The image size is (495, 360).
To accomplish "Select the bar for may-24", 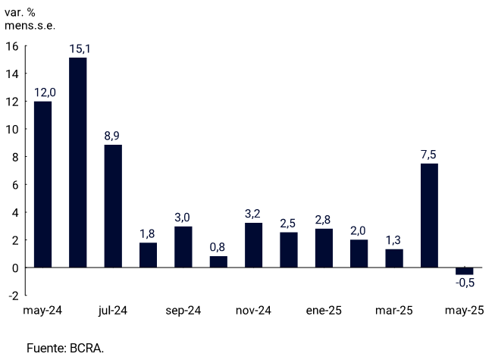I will click(42, 184).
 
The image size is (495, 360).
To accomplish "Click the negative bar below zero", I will click(464, 271).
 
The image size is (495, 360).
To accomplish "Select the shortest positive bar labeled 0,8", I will click(218, 261).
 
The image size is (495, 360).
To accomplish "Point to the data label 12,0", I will click(42, 93).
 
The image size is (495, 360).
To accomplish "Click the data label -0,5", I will click(465, 283).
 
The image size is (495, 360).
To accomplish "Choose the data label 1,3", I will click(394, 241).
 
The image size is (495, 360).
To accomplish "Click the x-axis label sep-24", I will click(183, 311).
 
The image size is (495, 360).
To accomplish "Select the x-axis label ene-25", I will click(324, 311).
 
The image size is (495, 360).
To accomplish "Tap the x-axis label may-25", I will click(464, 311).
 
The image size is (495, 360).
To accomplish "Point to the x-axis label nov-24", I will click(253, 311).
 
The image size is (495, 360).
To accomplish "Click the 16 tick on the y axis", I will click(11, 46).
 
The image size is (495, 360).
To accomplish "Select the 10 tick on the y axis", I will click(11, 130).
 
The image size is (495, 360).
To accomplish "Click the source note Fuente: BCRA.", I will click(65, 348).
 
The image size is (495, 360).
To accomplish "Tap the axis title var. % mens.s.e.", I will click(30, 18).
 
